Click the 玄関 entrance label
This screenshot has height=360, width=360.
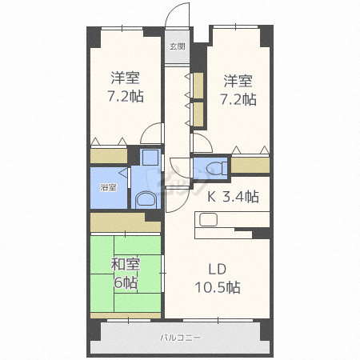[x=178, y=46]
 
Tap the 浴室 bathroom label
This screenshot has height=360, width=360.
[x=108, y=187]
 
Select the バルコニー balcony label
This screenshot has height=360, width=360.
[x=180, y=338]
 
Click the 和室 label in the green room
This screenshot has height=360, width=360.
[x=126, y=264]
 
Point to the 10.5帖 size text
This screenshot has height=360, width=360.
[x=218, y=287]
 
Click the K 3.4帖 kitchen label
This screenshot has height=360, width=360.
[x=233, y=197]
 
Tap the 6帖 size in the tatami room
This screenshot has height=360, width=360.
[x=126, y=282]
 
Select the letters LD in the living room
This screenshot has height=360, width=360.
[x=218, y=270]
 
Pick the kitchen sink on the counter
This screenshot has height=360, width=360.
[x=209, y=219]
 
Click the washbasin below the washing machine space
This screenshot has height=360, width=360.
[x=146, y=200]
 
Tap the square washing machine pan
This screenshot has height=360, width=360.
[x=150, y=158]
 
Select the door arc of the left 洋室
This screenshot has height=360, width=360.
[x=146, y=129]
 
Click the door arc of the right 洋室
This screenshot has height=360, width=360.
[x=206, y=139]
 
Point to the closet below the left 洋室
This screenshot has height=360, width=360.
[x=109, y=156]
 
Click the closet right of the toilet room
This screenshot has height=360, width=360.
[x=250, y=165]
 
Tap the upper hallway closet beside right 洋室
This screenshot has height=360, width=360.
[x=198, y=86]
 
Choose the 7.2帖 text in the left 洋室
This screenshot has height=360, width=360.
[x=126, y=96]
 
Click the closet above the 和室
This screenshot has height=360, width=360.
[x=126, y=222]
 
